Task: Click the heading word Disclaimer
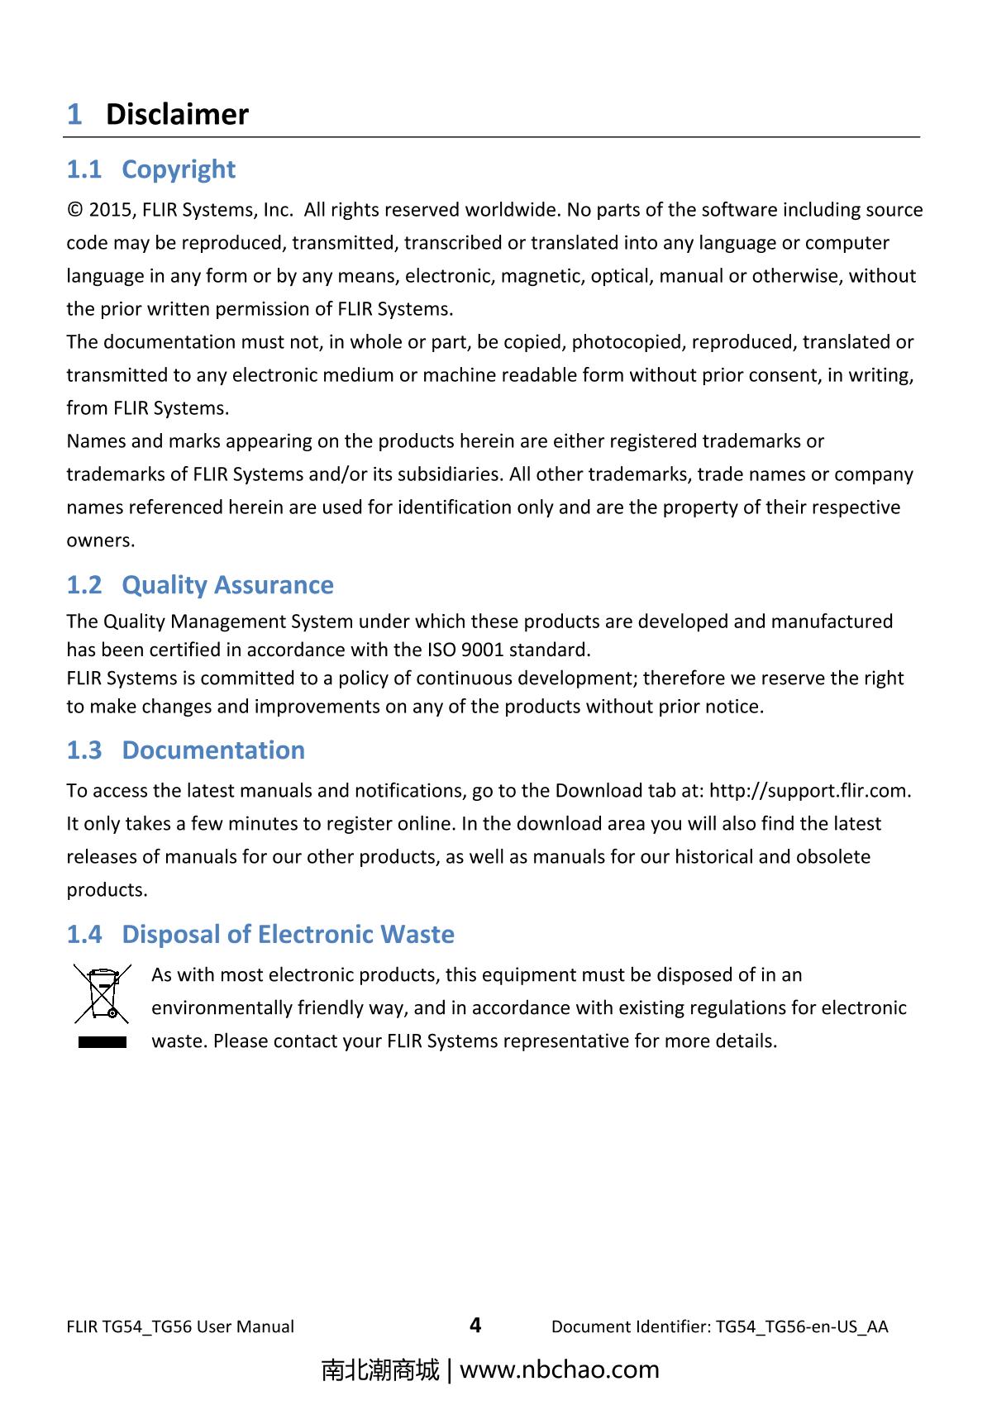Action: click(177, 114)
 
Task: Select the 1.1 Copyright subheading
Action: click(150, 169)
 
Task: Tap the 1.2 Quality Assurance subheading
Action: click(200, 585)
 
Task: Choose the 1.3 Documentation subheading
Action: click(185, 750)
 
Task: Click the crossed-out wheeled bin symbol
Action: click(103, 993)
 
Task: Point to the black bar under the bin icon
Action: click(103, 1042)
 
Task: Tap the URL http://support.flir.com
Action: click(810, 791)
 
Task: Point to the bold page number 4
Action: click(475, 1326)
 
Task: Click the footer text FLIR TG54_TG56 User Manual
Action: click(180, 1327)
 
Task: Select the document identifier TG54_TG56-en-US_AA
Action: click(802, 1327)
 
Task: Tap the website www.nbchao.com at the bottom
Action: click(559, 1370)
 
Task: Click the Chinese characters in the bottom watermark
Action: click(380, 1370)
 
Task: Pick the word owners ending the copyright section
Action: click(99, 541)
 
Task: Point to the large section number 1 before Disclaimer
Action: click(74, 114)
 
